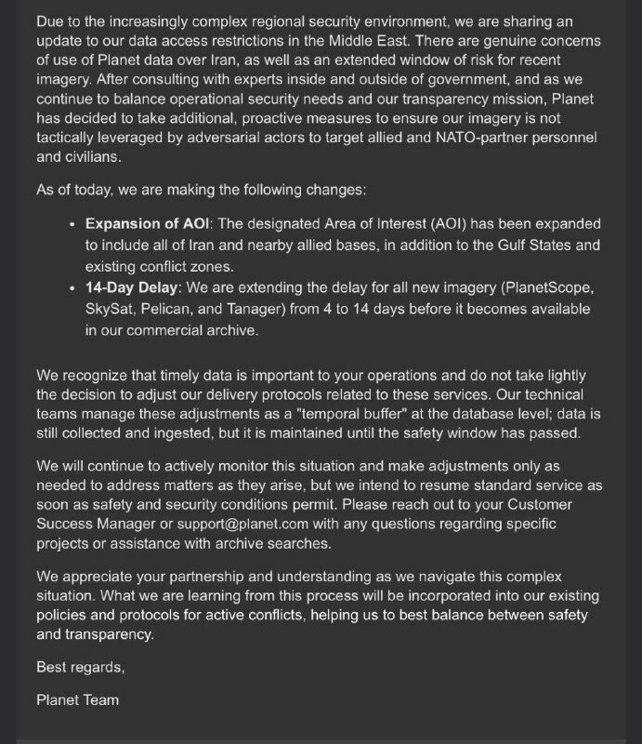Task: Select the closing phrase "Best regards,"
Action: coord(80,667)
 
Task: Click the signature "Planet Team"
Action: coord(77,698)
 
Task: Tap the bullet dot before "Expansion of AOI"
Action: coord(73,225)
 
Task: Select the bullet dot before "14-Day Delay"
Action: coord(73,288)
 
